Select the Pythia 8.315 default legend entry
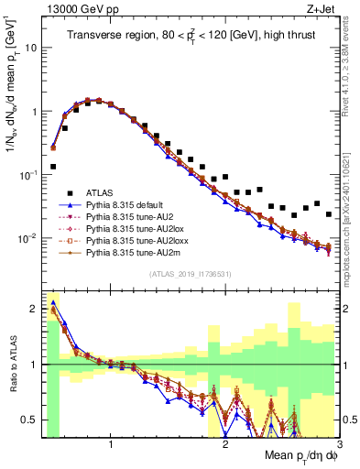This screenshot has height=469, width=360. (x=123, y=206)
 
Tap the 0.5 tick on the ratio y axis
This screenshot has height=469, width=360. (x=29, y=420)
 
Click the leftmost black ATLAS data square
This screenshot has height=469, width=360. (x=53, y=167)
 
